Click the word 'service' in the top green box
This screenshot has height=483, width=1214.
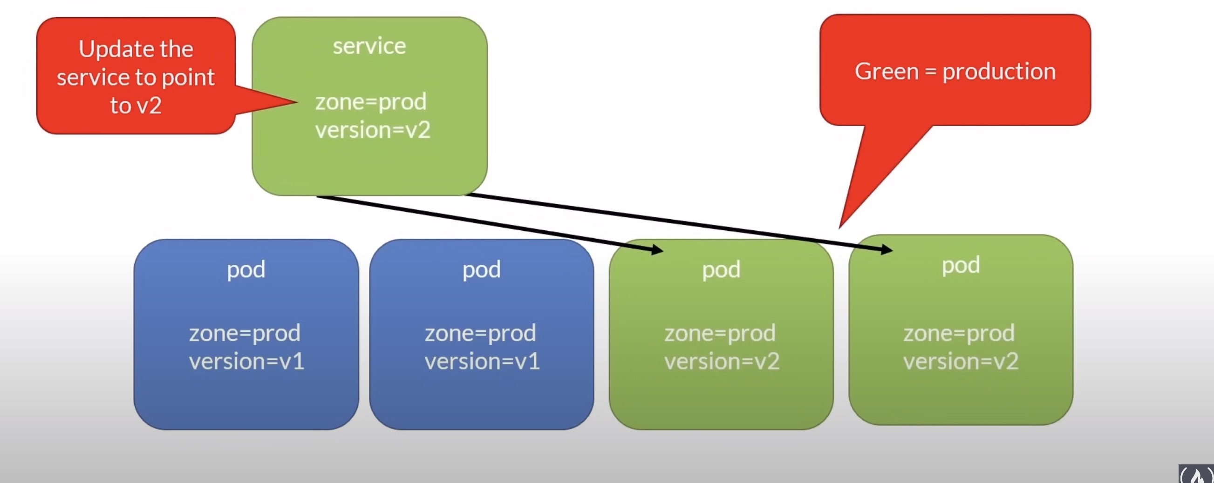pyautogui.click(x=369, y=46)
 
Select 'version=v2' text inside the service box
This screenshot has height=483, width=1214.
pyautogui.click(x=372, y=130)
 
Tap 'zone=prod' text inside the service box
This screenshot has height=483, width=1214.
pyautogui.click(x=370, y=102)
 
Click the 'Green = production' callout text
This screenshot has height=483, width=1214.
pyautogui.click(x=955, y=72)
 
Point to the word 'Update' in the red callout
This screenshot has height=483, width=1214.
pyautogui.click(x=109, y=49)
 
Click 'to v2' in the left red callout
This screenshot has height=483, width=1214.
pyautogui.click(x=136, y=105)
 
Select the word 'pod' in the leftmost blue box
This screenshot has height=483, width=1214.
pyautogui.click(x=246, y=270)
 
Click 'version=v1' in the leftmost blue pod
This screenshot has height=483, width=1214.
pyautogui.click(x=246, y=362)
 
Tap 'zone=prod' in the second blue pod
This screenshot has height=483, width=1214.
pyautogui.click(x=480, y=333)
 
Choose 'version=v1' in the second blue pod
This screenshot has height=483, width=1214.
pyautogui.click(x=482, y=362)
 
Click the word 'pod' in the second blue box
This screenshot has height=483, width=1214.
pyautogui.click(x=481, y=270)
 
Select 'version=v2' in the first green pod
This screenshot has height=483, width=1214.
pyautogui.click(x=722, y=362)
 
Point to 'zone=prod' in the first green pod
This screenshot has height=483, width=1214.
pyautogui.click(x=720, y=333)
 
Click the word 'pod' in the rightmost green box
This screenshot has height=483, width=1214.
pyautogui.click(x=961, y=266)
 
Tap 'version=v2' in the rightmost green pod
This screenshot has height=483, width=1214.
pyautogui.click(x=961, y=362)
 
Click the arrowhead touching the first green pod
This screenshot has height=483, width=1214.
pyautogui.click(x=657, y=249)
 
